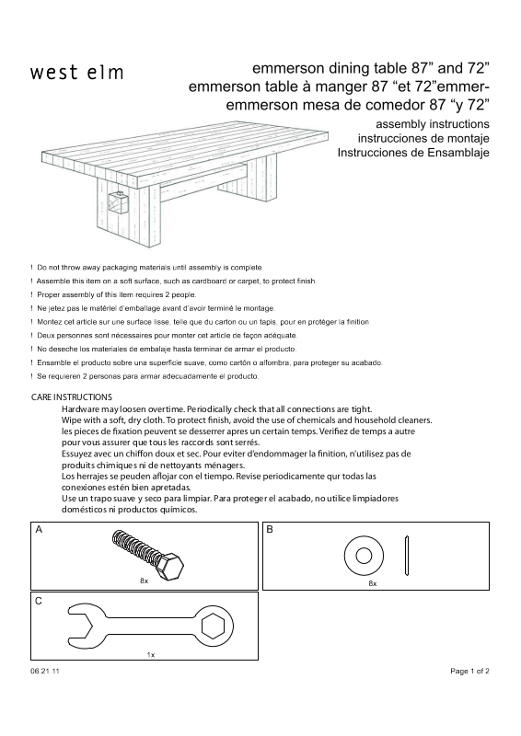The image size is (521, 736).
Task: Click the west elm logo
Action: tap(76, 73)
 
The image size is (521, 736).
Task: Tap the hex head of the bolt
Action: tap(170, 567)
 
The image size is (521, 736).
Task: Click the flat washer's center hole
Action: tap(364, 557)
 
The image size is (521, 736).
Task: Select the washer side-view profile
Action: tap(406, 556)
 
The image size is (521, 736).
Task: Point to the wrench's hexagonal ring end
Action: tap(213, 627)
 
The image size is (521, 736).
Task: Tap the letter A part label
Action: tap(39, 530)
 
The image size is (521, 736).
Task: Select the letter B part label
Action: tap(270, 530)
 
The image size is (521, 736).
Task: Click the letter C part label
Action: tap(39, 601)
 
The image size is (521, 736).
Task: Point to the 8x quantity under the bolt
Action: tap(145, 581)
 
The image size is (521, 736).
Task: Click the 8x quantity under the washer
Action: tap(373, 583)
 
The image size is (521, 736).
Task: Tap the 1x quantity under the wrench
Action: tap(151, 654)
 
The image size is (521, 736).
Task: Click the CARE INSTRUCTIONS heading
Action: tap(72, 397)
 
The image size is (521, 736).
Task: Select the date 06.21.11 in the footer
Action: tap(45, 672)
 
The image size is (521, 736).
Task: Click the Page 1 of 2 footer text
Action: tap(469, 672)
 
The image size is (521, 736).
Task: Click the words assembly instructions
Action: tap(433, 124)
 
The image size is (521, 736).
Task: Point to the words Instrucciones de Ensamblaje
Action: tap(413, 153)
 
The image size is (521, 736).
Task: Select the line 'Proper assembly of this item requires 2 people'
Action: tap(117, 294)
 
